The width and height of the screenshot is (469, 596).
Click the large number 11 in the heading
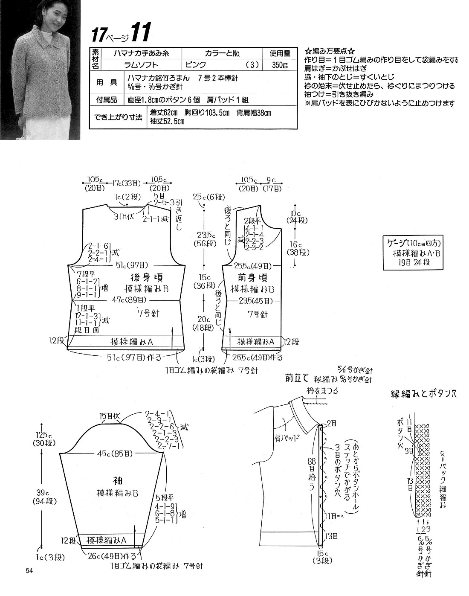point(140,33)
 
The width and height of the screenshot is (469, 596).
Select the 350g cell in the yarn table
point(279,65)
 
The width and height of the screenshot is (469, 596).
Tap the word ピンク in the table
point(196,65)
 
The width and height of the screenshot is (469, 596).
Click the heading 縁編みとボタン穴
point(423,394)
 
